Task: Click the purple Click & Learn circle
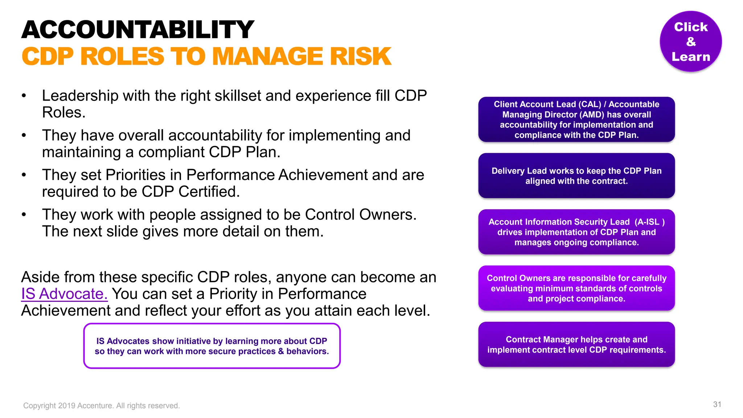[x=690, y=41]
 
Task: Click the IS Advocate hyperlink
[x=64, y=294]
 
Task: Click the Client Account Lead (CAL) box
[x=576, y=119]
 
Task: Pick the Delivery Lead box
[x=576, y=176]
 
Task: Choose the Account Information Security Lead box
[x=576, y=232]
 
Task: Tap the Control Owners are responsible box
[x=576, y=288]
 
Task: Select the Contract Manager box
[x=576, y=344]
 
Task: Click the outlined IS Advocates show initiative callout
[x=212, y=346]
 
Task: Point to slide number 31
[x=717, y=405]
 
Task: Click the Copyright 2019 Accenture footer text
[x=102, y=406]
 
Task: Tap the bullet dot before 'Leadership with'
[x=24, y=96]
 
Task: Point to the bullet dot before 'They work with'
[x=24, y=215]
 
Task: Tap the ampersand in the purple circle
[x=691, y=42]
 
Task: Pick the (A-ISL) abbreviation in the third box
[x=649, y=222]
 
